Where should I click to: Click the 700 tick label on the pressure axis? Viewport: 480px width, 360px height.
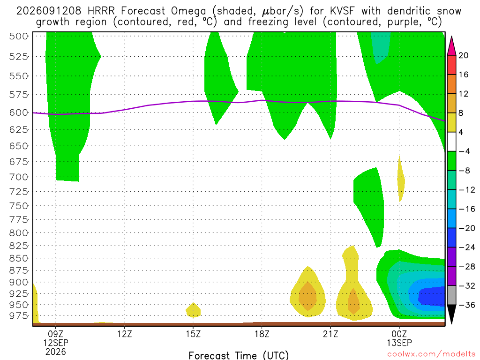(x=19, y=177)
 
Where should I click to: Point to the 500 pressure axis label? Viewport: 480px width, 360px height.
(x=19, y=36)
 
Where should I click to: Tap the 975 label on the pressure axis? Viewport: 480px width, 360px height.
(x=19, y=315)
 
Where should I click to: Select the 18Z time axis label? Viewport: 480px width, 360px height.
(x=262, y=334)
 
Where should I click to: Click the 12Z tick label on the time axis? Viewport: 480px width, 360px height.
(x=124, y=334)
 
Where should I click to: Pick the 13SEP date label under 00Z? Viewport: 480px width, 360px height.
(x=399, y=343)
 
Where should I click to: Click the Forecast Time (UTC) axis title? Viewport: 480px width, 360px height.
(x=239, y=355)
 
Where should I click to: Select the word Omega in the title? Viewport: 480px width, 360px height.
(x=188, y=11)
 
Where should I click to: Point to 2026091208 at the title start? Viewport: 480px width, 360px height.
(x=49, y=11)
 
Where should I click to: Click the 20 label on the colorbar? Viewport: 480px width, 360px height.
(x=464, y=55)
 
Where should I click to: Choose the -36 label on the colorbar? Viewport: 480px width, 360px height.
(x=467, y=305)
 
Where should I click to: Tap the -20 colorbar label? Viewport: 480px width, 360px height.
(x=467, y=228)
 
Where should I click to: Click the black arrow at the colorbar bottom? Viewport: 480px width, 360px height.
(x=451, y=314)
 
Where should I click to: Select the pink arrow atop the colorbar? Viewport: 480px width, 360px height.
(x=451, y=46)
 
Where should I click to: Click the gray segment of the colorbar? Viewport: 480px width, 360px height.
(x=451, y=295)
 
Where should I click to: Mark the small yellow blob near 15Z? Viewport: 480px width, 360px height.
(x=193, y=310)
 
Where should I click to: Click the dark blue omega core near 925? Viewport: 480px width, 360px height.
(x=431, y=296)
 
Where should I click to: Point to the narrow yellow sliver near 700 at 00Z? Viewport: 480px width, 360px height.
(x=400, y=179)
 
